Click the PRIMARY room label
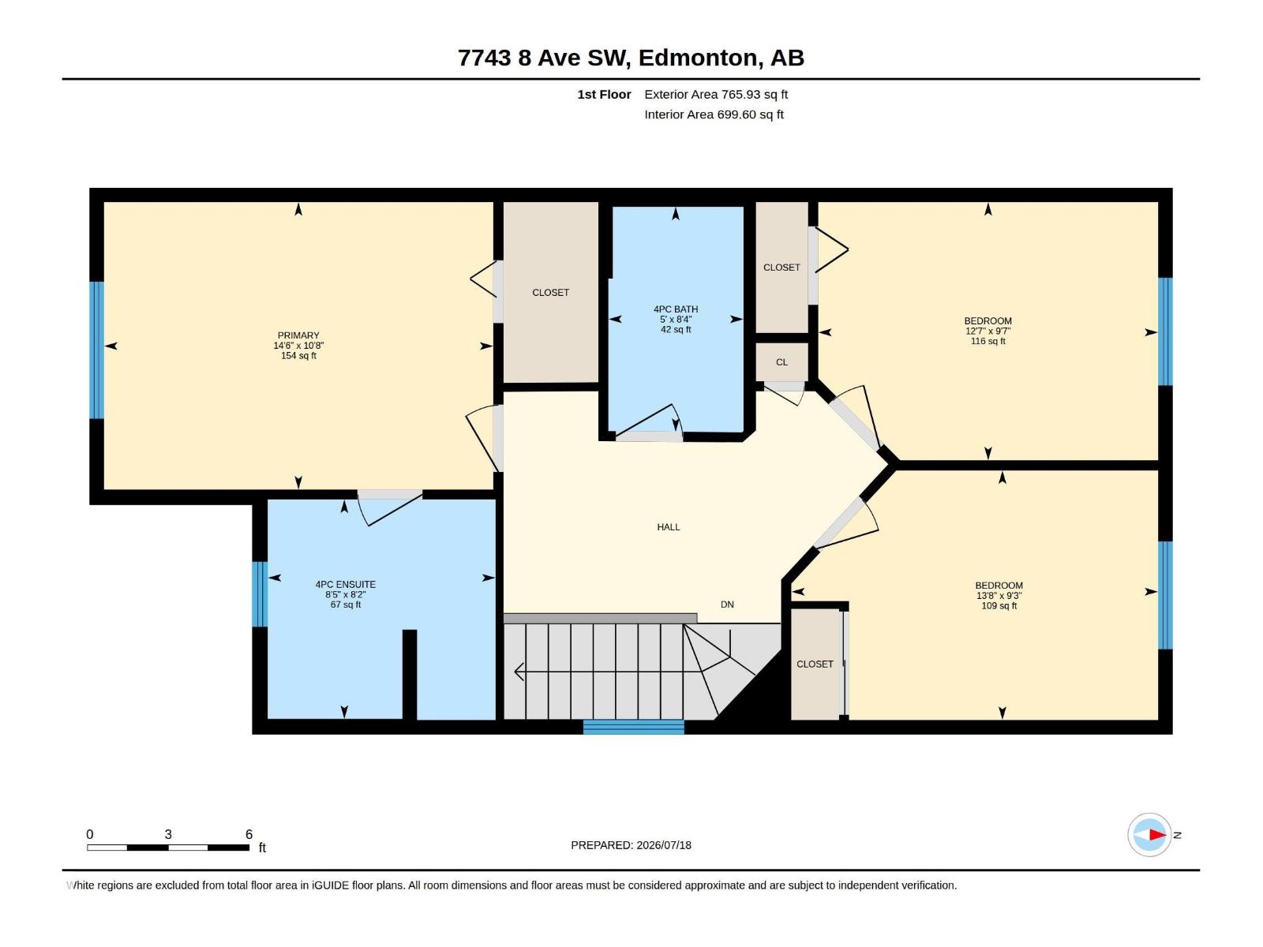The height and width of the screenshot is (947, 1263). coord(298,335)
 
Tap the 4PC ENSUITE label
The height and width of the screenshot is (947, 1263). coord(345,584)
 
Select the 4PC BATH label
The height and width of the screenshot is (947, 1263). coord(676,309)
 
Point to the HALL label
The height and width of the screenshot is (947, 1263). coord(668,526)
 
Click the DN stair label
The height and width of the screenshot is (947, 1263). coord(727,605)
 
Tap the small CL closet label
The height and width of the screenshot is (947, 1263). coord(781,362)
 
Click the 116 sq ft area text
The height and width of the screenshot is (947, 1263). coord(988,341)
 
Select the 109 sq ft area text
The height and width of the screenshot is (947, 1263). coord(999,605)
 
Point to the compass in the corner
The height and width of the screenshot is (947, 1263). coord(1149,834)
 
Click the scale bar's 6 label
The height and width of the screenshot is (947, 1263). coord(249,833)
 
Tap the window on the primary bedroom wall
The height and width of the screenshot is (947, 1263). coord(96,350)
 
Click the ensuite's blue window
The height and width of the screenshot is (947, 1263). coord(260,594)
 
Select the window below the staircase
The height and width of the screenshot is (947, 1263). coord(633,727)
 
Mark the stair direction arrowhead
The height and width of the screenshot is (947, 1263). coord(519,671)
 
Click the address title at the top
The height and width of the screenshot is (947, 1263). coord(631,58)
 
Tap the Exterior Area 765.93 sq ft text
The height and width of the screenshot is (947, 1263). coord(716,94)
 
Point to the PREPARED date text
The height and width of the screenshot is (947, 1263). coord(631,845)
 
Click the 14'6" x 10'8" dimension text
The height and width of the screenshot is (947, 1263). coord(298,346)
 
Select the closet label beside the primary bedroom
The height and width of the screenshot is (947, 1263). coord(550,293)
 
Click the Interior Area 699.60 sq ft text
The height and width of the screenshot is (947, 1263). coord(714,114)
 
